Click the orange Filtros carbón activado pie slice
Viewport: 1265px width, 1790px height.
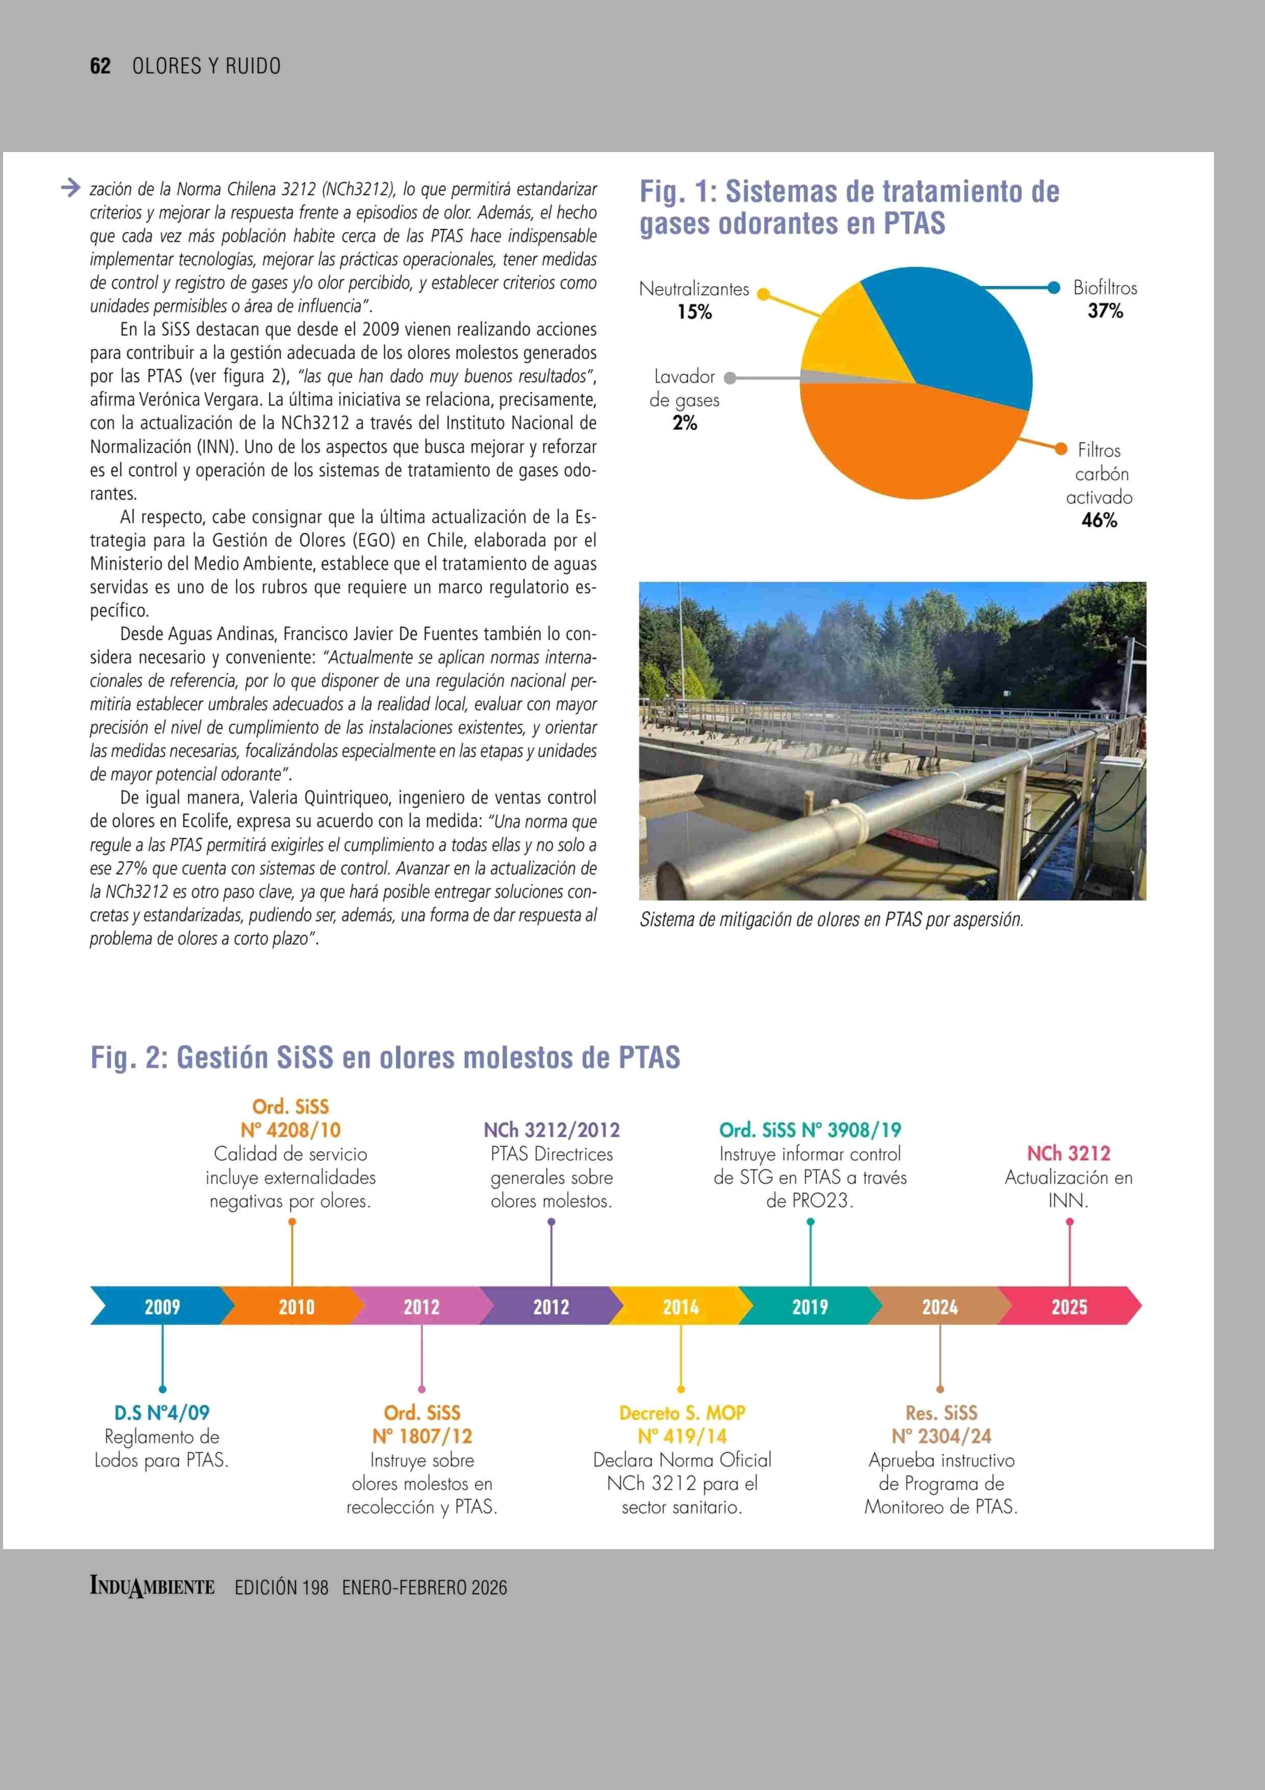pyautogui.click(x=912, y=440)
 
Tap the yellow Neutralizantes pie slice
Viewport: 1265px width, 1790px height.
pyautogui.click(x=846, y=335)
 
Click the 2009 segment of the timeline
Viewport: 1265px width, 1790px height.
pyautogui.click(x=162, y=1307)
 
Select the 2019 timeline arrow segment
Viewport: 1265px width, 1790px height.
pyautogui.click(x=810, y=1307)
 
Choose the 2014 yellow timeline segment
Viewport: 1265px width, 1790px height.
pyautogui.click(x=680, y=1307)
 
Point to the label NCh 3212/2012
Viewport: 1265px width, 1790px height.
pyautogui.click(x=551, y=1130)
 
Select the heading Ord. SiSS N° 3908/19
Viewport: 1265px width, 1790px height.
pyautogui.click(x=810, y=1130)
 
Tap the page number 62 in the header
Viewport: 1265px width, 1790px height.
pyautogui.click(x=101, y=66)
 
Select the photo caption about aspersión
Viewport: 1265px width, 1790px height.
pyautogui.click(x=831, y=920)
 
